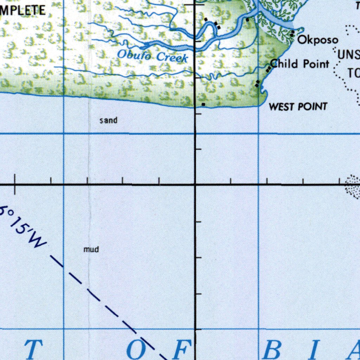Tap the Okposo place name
tap(318, 40)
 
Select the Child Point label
tap(300, 64)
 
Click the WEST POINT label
tap(298, 107)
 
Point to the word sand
tap(108, 121)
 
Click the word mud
tap(91, 250)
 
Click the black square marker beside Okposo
tap(292, 33)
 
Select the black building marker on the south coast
tap(203, 104)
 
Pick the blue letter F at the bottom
tap(183, 349)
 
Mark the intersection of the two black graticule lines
tap(195, 184)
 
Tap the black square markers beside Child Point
tap(269, 69)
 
